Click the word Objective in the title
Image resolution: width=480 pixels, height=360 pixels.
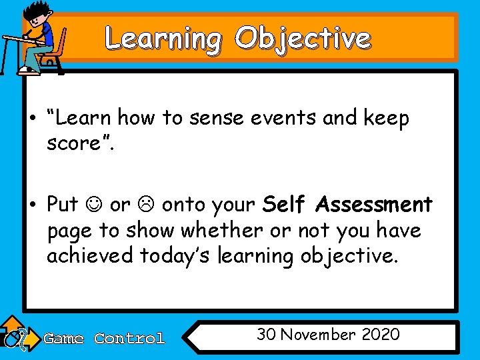coord(302,38)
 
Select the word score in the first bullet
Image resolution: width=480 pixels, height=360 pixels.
coord(75,143)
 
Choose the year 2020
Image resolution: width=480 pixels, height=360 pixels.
coord(380,334)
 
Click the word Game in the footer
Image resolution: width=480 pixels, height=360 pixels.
coord(63,339)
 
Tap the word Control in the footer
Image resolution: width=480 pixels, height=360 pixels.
coord(129,339)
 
